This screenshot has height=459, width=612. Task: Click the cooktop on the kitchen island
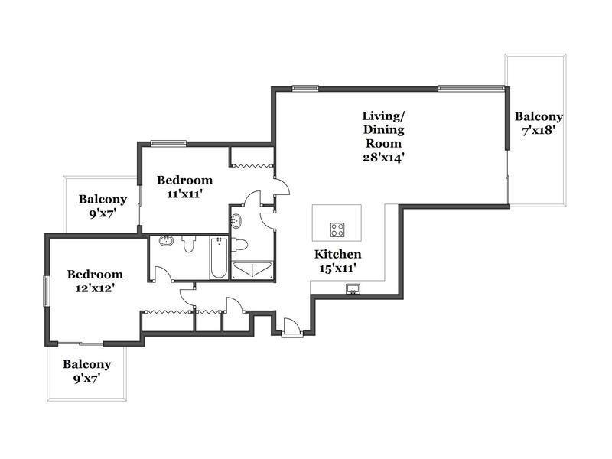click(337, 229)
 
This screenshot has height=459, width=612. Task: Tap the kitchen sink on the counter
click(353, 289)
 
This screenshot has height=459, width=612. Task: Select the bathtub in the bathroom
click(219, 258)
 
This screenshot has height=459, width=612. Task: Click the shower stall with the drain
click(252, 271)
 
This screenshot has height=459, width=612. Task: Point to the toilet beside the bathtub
click(188, 243)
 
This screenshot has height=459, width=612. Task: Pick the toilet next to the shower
click(239, 245)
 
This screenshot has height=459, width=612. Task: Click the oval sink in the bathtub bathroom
click(167, 240)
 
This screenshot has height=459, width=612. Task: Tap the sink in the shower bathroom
click(236, 221)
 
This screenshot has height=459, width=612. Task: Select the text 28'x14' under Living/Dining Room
click(383, 158)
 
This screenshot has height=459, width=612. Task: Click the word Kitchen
click(337, 254)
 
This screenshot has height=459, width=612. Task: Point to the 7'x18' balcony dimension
click(539, 130)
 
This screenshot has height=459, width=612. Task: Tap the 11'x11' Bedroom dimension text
click(184, 194)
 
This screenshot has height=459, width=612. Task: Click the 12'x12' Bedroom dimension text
click(94, 288)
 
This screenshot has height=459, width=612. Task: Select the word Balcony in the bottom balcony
click(86, 364)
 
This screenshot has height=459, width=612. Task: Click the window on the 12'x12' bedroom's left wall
click(46, 291)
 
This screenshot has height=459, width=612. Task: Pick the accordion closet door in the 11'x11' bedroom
click(251, 165)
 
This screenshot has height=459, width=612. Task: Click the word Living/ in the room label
click(383, 116)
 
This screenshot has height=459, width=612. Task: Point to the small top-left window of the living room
click(305, 88)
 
